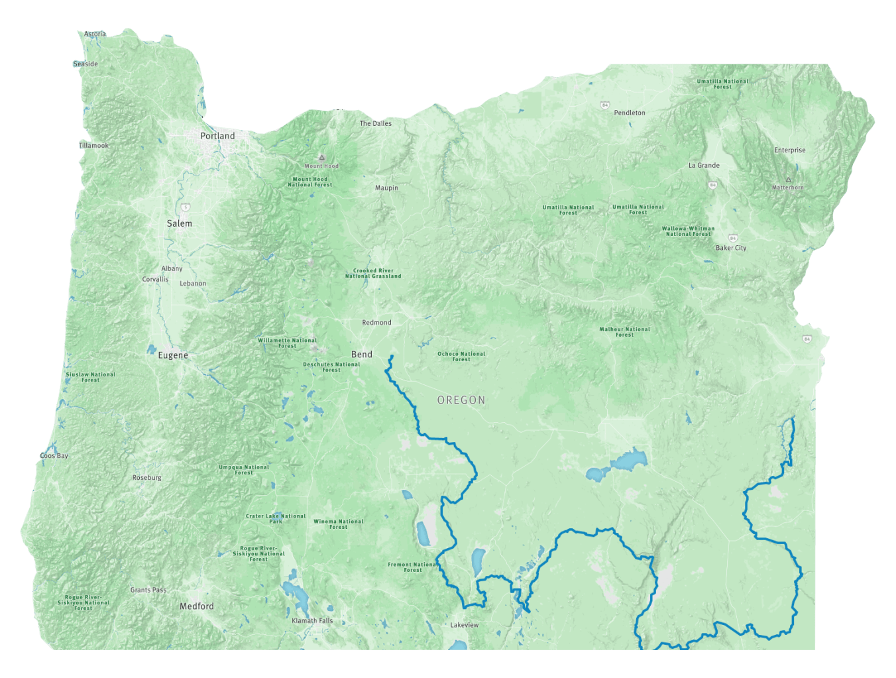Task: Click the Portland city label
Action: pos(217,136)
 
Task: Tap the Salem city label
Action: pos(180,224)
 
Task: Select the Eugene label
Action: pos(173,355)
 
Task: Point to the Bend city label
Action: pos(362,355)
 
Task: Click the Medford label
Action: pos(197,606)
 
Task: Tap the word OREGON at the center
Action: pos(461,400)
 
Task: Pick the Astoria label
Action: pos(95,34)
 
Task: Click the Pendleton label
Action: pos(630,113)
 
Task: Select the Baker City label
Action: pos(731,248)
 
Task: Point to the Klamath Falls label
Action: pos(312,621)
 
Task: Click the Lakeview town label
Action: pos(465,625)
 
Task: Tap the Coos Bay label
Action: pos(54,456)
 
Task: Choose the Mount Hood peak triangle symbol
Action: pos(322,158)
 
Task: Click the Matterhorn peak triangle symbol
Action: pos(788,180)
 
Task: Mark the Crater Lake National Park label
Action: pos(276,518)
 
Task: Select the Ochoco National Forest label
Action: pos(461,357)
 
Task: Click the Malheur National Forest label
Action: pos(625,332)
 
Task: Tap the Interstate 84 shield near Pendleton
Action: pos(605,105)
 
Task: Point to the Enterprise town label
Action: pos(790,150)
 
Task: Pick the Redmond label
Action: pos(376,323)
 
